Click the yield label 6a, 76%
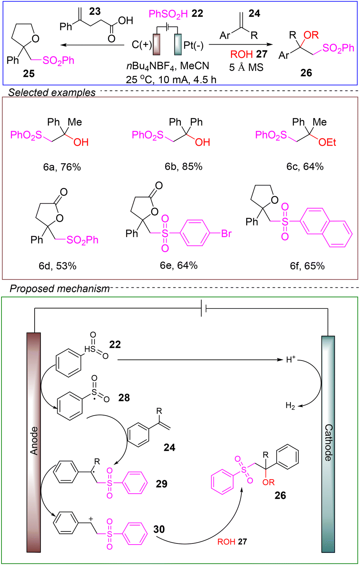point(62,167)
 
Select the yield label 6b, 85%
point(183,167)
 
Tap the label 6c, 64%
point(305,167)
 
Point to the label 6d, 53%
point(57,266)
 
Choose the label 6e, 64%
point(179,265)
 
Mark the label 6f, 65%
point(307,266)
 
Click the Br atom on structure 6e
point(226,233)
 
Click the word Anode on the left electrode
point(34,441)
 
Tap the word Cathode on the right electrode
point(328,442)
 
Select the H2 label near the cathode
point(290,406)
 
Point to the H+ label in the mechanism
point(290,359)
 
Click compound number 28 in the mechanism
point(124,398)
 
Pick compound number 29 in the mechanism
point(161,484)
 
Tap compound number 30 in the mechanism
point(159,529)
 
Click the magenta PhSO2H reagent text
point(168,14)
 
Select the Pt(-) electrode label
point(193,45)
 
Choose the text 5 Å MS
point(246,67)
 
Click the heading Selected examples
point(52,92)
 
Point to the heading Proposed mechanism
point(60,288)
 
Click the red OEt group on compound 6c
point(327,142)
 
